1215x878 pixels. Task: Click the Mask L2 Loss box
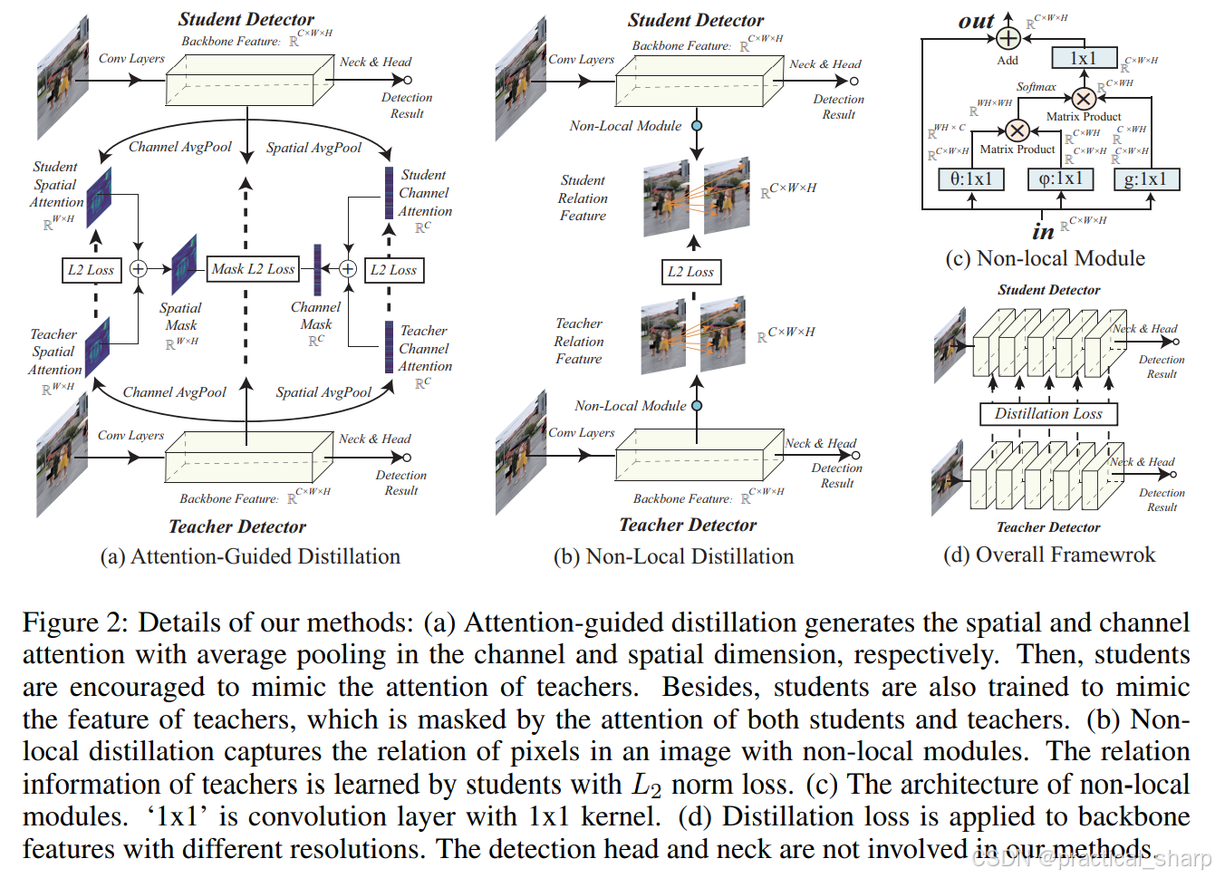click(x=254, y=269)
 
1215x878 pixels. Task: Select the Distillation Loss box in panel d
click(x=1048, y=414)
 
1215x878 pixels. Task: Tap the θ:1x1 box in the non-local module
click(x=971, y=179)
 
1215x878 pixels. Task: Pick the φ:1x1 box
click(x=1061, y=179)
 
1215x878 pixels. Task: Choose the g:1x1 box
click(x=1146, y=179)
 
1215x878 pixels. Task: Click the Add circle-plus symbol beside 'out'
click(x=1008, y=38)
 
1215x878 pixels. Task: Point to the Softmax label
click(x=1036, y=87)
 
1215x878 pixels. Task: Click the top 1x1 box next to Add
click(x=1084, y=59)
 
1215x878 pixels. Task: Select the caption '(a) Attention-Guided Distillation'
click(x=250, y=556)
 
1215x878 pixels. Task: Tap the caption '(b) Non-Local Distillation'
click(x=673, y=556)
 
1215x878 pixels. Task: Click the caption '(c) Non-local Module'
click(x=1045, y=259)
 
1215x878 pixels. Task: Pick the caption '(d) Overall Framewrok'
click(x=1049, y=555)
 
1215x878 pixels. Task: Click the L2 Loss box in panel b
click(x=690, y=272)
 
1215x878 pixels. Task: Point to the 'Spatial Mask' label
click(x=181, y=316)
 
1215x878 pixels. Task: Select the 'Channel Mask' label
click(x=316, y=315)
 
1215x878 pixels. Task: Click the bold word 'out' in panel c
click(x=976, y=21)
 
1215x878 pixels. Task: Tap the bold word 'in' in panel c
click(x=1043, y=232)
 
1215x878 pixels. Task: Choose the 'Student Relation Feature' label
click(x=583, y=198)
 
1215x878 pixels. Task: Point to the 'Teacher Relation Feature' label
click(x=579, y=341)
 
